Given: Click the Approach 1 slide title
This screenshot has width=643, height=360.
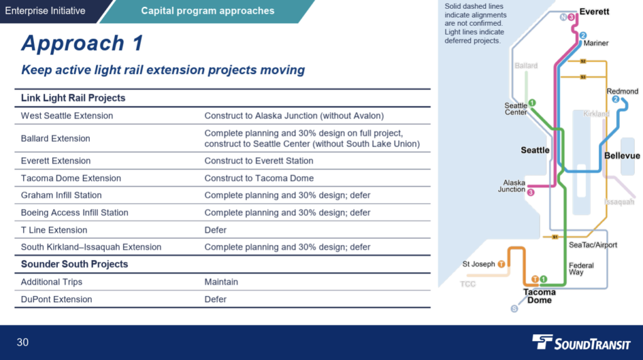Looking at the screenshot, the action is click(82, 43).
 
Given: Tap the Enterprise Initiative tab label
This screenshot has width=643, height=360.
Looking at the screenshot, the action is click(45, 11).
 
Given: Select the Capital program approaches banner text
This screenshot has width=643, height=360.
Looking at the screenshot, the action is click(208, 11).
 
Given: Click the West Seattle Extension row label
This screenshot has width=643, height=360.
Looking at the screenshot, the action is click(67, 116).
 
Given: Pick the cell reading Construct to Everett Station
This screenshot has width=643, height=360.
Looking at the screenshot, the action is click(259, 161).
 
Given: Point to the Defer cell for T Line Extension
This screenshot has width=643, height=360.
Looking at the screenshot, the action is click(215, 230).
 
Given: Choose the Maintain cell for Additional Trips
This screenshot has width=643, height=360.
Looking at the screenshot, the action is click(221, 282).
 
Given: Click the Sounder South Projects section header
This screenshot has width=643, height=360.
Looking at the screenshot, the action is click(74, 265).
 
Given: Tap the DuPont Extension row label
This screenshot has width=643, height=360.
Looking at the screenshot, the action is click(56, 299).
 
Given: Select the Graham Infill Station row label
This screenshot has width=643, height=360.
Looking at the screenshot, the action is click(61, 195).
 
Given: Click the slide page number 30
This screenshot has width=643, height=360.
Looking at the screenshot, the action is click(23, 342).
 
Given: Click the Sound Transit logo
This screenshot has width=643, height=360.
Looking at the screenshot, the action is click(581, 342).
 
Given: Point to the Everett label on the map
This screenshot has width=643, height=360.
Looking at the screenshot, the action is click(594, 11).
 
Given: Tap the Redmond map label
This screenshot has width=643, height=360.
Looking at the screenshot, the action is click(622, 91).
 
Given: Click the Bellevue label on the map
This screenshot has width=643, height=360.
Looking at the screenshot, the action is click(622, 156).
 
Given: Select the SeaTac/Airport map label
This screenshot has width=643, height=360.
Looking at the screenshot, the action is click(593, 245).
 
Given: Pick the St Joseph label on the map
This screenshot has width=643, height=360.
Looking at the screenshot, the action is click(478, 264).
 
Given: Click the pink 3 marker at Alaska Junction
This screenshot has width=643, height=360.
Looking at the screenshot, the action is click(531, 192).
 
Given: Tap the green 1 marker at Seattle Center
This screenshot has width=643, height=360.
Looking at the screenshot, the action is click(532, 102).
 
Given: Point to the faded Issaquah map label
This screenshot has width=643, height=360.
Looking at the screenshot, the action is click(619, 202).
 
